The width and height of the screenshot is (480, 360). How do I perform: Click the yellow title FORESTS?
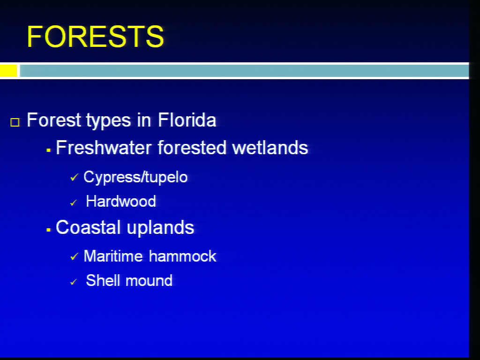point(95,37)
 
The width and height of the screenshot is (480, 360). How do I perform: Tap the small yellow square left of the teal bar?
point(8,71)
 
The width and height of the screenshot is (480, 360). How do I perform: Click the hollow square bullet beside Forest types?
point(15,122)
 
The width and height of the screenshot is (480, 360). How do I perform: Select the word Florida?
point(187,120)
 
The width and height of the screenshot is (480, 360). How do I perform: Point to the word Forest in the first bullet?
point(54,120)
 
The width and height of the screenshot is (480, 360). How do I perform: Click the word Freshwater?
point(104,148)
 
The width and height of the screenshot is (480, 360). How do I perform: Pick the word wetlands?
point(270,148)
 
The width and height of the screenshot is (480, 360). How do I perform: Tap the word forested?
point(192,148)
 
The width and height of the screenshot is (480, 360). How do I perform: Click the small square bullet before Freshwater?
point(48,150)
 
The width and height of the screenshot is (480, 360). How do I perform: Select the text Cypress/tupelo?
point(135,177)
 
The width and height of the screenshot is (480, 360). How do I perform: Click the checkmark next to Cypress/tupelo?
point(74,177)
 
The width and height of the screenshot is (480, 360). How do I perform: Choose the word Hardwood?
point(121,201)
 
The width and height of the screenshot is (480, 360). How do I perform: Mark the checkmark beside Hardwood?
point(74,202)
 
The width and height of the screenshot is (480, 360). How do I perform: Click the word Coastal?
point(88,227)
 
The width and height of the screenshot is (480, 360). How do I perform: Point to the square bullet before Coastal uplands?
point(48,230)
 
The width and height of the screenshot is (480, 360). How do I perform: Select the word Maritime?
point(113,256)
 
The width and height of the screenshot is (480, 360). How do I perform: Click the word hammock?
point(183,256)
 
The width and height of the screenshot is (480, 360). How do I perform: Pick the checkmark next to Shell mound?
point(74,282)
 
